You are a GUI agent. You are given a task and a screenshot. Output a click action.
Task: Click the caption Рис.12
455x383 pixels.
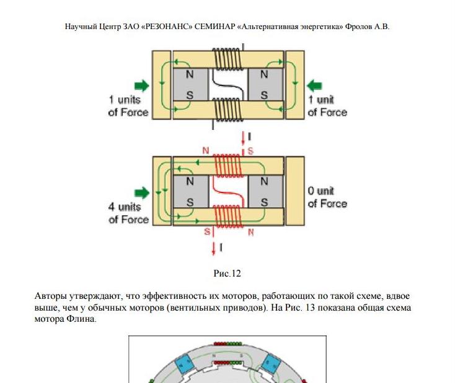[227, 272]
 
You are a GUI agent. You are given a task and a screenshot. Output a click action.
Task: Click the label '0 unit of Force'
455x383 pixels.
[327, 197]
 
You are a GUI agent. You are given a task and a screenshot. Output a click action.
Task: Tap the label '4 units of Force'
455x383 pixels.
[128, 213]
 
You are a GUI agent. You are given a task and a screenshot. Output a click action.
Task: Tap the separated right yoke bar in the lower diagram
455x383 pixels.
[295, 191]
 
